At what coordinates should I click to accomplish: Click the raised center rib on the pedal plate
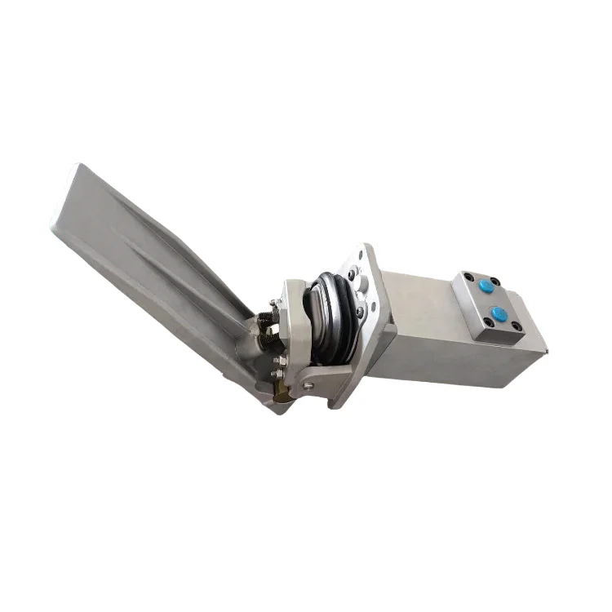pyautogui.click(x=155, y=245)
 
